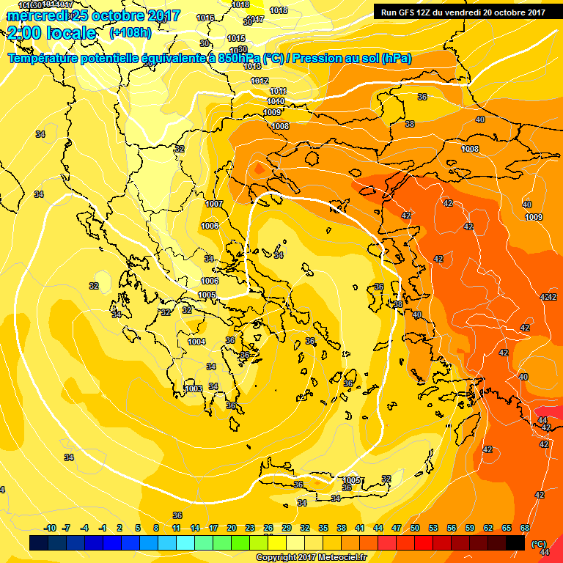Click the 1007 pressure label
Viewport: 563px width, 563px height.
point(214,204)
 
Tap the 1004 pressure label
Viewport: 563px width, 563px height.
point(196,342)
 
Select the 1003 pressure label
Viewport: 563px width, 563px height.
point(194,389)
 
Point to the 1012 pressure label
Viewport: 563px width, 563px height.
point(260,81)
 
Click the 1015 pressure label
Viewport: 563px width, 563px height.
point(236,38)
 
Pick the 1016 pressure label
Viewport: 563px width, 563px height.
point(206,18)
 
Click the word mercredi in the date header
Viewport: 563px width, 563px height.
point(37,15)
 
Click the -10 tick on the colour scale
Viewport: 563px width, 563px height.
point(50,528)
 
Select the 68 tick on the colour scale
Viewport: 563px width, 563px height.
point(525,528)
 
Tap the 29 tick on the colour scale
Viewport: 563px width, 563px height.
point(287,528)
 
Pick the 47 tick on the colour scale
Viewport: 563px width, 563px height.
point(396,528)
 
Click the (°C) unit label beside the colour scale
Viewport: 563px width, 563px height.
point(539,544)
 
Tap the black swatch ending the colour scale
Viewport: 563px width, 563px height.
point(515,542)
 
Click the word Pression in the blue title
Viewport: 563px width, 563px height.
point(320,59)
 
